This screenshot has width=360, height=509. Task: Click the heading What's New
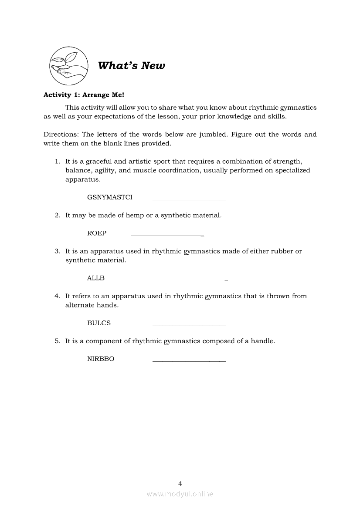pos(131,66)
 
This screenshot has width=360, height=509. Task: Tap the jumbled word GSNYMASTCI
pos(110,197)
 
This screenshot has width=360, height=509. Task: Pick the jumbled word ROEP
pos(97,233)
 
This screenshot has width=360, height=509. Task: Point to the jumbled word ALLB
pos(96,278)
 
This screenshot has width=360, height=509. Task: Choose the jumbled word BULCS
pos(99,323)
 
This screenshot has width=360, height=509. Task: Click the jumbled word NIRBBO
pos(101,359)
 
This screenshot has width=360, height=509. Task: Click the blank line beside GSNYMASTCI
pos(189,200)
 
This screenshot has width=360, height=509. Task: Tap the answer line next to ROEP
pos(167,236)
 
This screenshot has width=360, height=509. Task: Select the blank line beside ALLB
pos(191,280)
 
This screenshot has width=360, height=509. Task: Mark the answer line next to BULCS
pos(189,326)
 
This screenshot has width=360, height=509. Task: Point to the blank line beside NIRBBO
pos(189,361)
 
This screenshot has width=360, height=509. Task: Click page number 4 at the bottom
pos(180,483)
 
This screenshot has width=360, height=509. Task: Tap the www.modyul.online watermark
pos(180,494)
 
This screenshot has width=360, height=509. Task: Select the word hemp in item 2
pos(134,216)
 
